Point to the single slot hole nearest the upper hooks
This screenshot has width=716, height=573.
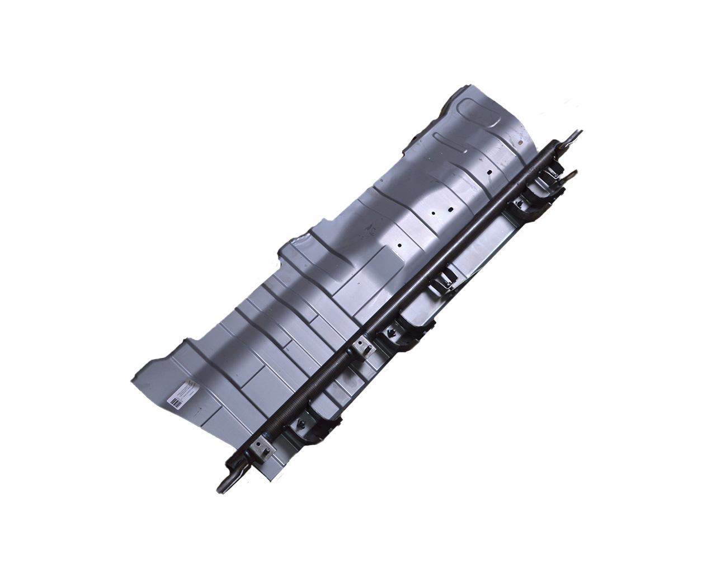tap(489, 171)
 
